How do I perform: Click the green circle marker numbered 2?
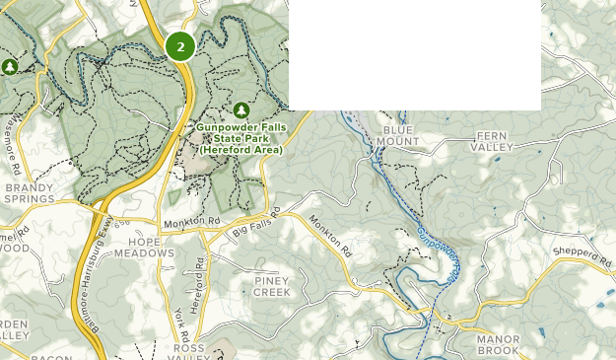(x=180, y=46)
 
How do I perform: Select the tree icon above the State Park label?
(x=241, y=109)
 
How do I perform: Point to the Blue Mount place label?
(x=400, y=136)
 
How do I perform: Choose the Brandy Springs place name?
(x=29, y=191)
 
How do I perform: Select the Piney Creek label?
(x=272, y=286)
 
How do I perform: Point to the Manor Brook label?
(x=498, y=344)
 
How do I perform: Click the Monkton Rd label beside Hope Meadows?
(x=192, y=222)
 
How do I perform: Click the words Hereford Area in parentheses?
(x=240, y=150)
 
